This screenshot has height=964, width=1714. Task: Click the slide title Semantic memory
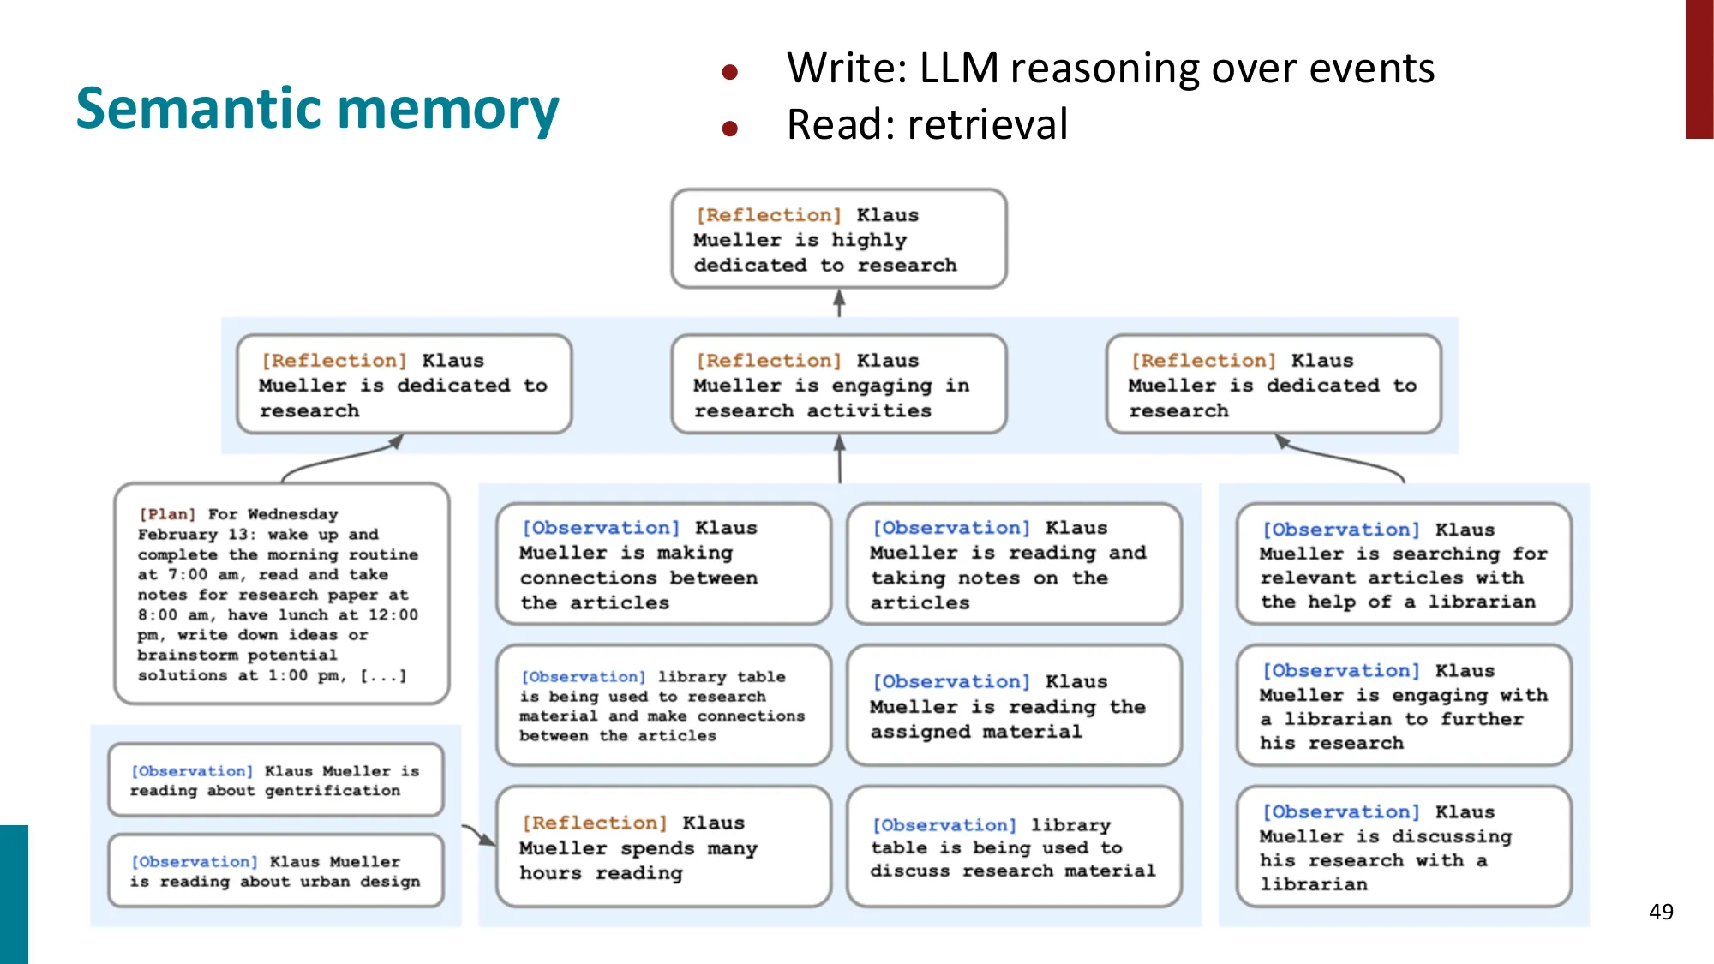[317, 109]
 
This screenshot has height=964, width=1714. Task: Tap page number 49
[1661, 912]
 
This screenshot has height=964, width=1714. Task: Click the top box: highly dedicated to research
[838, 239]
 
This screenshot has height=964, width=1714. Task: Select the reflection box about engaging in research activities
[838, 385]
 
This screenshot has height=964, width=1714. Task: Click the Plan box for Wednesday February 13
[281, 594]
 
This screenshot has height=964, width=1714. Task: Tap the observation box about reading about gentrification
[275, 781]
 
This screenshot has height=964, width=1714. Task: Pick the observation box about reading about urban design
[275, 871]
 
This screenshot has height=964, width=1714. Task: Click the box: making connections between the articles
[663, 565]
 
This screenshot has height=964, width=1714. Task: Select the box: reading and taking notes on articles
[1014, 565]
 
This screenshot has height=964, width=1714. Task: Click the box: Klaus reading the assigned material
[1014, 706]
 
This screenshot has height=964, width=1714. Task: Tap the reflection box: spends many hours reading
[663, 847]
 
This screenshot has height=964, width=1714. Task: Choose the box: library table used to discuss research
[1014, 847]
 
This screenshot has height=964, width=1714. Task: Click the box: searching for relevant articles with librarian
[1404, 565]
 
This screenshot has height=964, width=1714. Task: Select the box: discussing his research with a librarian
[1404, 847]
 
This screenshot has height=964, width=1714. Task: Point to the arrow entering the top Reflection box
[839, 302]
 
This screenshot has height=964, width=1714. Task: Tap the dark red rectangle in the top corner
[1699, 69]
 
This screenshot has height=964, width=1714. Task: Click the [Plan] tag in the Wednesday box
[167, 514]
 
